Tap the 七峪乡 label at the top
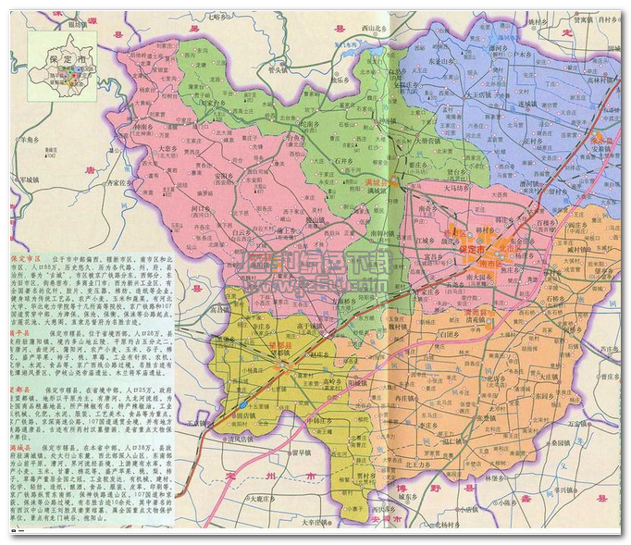217,17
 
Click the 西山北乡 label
377,29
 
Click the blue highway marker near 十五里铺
241,405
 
